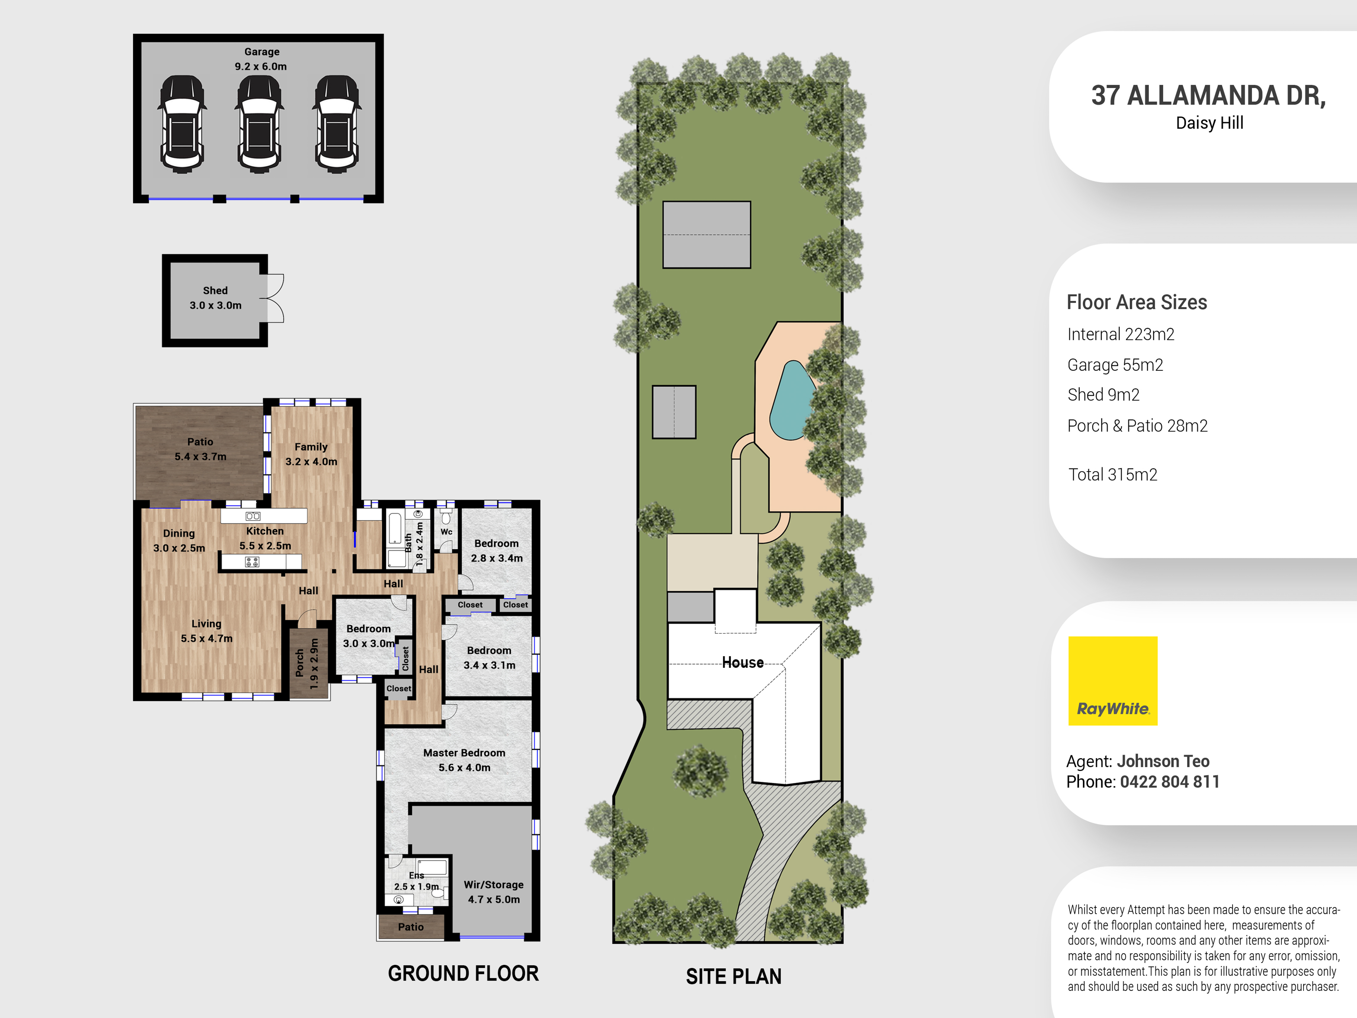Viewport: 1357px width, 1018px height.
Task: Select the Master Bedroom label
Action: tap(464, 760)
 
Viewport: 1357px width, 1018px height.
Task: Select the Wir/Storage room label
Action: tap(494, 892)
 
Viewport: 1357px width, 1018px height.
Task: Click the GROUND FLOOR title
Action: tap(463, 974)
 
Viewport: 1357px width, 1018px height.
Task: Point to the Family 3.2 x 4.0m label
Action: tap(311, 454)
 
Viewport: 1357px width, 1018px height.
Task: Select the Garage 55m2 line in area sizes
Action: tap(1115, 365)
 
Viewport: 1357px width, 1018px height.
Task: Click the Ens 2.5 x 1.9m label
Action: tap(416, 881)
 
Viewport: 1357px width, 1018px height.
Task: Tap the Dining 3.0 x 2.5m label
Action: tap(179, 541)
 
